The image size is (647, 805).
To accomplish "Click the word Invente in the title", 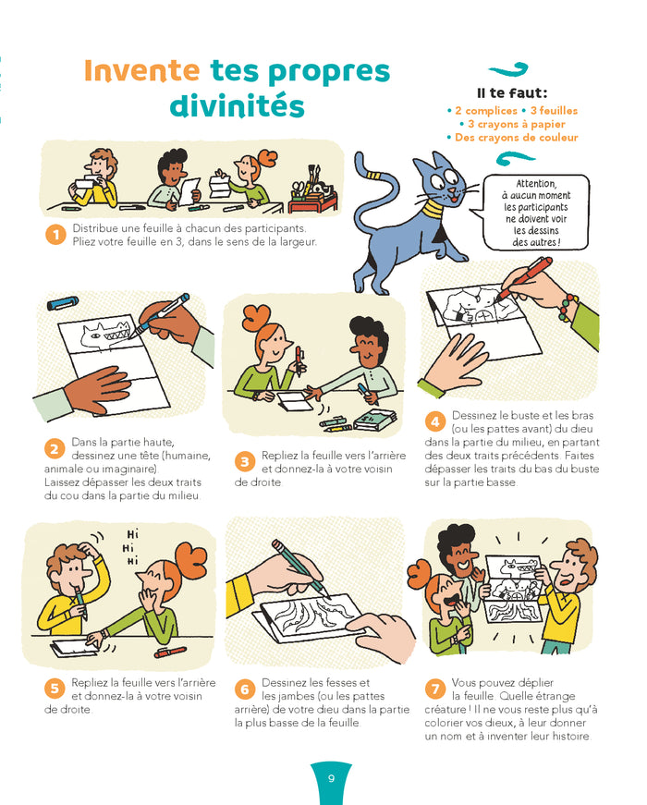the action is pos(141,70).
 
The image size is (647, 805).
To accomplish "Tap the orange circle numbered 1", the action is pos(55,235).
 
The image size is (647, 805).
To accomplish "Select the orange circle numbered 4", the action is pos(435,422).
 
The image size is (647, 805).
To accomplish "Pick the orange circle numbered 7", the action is pos(435,689).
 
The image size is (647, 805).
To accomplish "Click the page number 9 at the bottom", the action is pos(331,778).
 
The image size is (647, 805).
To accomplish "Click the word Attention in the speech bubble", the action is pos(536,183).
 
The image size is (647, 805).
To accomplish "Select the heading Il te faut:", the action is pos(512,93).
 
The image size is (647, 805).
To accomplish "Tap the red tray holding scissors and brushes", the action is pos(312,202).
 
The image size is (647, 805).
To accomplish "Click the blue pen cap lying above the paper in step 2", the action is pos(63,303).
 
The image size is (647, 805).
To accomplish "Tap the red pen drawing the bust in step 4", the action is pos(525,277).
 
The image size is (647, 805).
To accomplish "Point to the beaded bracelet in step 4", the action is pos(568,307).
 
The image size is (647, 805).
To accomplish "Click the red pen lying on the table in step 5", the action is pos(170,652).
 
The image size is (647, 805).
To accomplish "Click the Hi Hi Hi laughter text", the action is pos(132,547).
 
